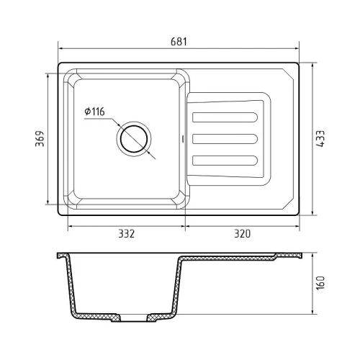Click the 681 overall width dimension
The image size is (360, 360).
tap(179, 42)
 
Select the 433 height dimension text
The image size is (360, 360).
tap(320, 139)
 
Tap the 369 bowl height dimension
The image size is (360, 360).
tap(40, 139)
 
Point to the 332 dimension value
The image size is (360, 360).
tap(127, 234)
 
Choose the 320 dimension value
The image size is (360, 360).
tap(243, 234)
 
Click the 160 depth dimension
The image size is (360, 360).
tap(320, 283)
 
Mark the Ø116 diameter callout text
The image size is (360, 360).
tap(94, 112)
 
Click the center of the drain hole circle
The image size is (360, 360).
tap(134, 139)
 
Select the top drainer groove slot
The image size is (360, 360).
tap(225, 117)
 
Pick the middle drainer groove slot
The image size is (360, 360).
tap(225, 139)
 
